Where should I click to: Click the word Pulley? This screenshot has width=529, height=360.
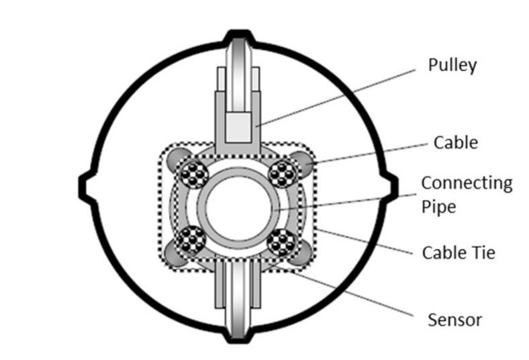[x=452, y=65]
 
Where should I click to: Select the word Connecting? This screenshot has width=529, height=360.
[x=466, y=183]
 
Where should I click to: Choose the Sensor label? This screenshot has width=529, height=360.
[x=454, y=319]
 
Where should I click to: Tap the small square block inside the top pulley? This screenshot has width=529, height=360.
[x=240, y=126]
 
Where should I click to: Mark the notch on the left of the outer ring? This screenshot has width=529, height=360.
[x=87, y=185]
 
